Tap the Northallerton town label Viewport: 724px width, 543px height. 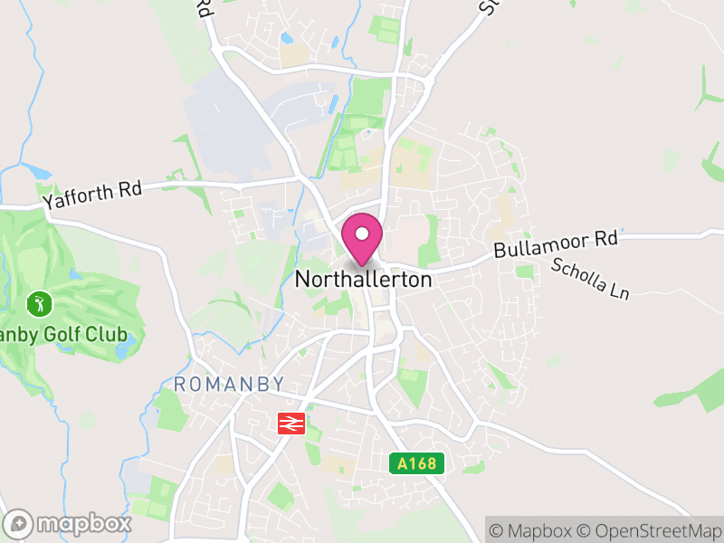tap(364, 280)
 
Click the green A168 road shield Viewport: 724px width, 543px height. tap(418, 464)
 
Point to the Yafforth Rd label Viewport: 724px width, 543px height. tap(91, 194)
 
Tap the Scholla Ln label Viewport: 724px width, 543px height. tap(589, 279)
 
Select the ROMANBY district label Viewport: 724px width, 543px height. tap(229, 384)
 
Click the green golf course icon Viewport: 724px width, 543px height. tap(38, 302)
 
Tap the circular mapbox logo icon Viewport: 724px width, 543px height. tap(20, 523)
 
